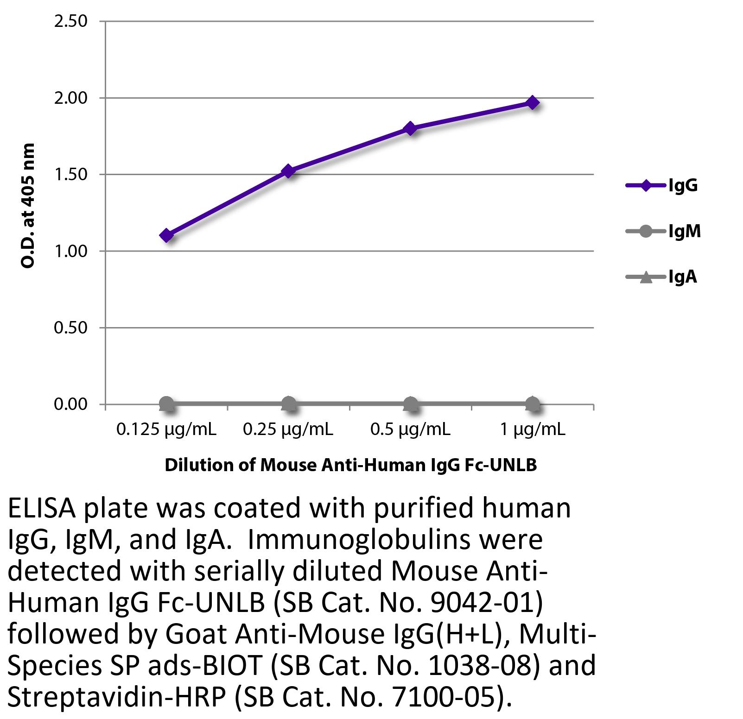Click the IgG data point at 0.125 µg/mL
[167, 235]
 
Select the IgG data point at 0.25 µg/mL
[289, 171]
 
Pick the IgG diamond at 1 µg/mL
[533, 102]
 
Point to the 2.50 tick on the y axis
[70, 21]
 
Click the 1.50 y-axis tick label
[70, 175]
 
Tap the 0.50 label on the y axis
[70, 328]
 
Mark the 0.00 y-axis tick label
[70, 404]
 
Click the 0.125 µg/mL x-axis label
[166, 430]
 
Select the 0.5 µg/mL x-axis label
[410, 430]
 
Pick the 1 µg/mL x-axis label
[533, 430]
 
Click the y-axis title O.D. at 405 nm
[28, 206]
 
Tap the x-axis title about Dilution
[350, 465]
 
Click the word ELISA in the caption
[41, 509]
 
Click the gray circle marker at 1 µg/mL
[533, 404]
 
